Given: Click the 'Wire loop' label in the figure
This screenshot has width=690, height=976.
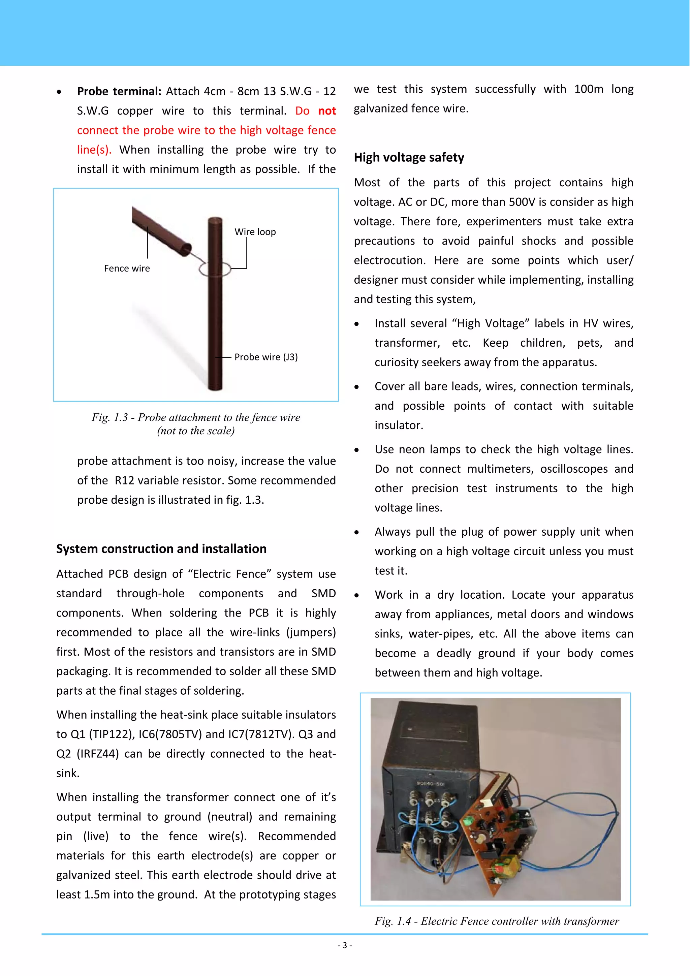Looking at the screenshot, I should click(x=255, y=232).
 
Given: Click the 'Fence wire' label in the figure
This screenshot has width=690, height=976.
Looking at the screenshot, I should click(x=127, y=268).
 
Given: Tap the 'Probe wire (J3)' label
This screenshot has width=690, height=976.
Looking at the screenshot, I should click(x=266, y=357).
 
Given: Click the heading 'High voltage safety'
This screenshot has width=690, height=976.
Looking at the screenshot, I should click(x=409, y=157).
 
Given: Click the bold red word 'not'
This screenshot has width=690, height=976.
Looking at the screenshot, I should click(x=327, y=111).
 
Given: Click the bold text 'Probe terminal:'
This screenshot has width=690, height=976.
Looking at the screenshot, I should click(x=119, y=91).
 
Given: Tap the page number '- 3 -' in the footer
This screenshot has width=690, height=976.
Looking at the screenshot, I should click(x=344, y=945).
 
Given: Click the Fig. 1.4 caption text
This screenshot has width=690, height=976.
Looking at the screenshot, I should click(x=497, y=921).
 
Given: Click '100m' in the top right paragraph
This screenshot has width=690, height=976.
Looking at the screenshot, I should click(x=588, y=89).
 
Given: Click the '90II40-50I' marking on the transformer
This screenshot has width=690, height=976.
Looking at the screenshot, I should click(x=431, y=783).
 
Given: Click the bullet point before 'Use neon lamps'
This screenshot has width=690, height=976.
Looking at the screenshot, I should click(x=357, y=450).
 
